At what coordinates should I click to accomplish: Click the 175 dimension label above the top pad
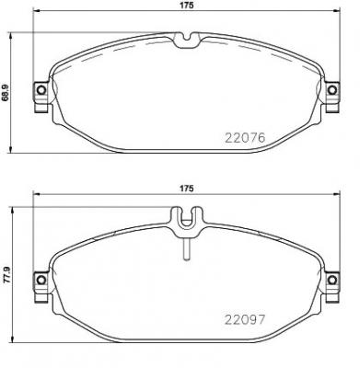[186, 6]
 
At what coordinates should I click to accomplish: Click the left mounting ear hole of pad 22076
[40, 89]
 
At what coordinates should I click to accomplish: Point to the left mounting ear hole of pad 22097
[40, 279]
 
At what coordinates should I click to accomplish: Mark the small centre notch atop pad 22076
[186, 39]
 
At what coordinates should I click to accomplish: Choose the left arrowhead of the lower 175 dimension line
[36, 198]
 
